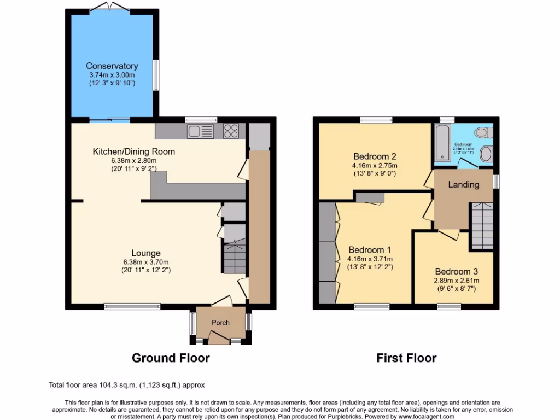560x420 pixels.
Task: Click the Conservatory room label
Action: pos(112,66)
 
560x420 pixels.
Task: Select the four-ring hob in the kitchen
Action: pos(231,131)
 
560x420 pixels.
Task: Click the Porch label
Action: pos(221,323)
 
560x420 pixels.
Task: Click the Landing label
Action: pos(463,185)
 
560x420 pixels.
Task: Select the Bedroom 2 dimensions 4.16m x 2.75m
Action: pos(375,166)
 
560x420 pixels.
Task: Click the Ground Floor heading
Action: pos(171,358)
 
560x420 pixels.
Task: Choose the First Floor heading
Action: pos(406,358)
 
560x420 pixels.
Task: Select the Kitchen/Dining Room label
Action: pos(134,151)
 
